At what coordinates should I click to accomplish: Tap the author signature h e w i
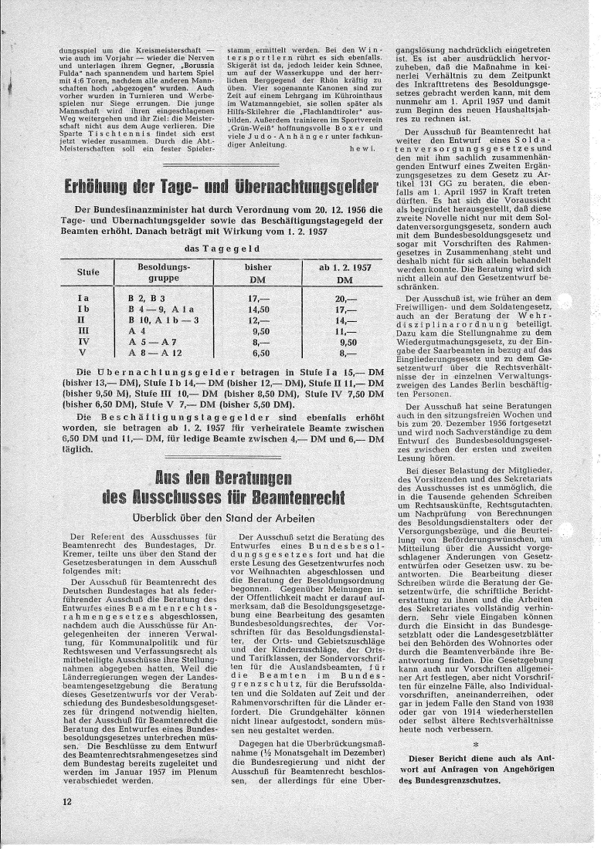tap(363, 146)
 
